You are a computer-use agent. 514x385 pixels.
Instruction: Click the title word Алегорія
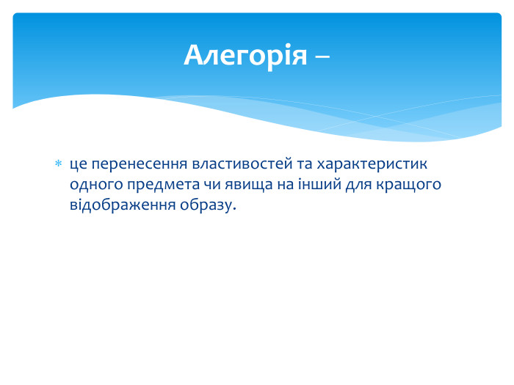(245, 55)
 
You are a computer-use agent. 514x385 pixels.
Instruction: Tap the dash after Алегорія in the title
(322, 56)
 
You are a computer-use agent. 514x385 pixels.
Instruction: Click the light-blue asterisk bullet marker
(58, 164)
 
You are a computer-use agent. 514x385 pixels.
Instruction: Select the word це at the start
(78, 164)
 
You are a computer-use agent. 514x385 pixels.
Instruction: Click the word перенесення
(139, 164)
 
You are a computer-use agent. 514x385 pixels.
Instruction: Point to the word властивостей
(242, 164)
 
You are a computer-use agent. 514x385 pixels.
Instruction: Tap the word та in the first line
(304, 164)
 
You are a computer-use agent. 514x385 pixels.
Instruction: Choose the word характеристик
(372, 164)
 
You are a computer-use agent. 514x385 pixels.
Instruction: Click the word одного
(96, 185)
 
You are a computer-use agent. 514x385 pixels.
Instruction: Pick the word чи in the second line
(211, 185)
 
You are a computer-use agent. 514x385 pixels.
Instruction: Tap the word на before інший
(285, 185)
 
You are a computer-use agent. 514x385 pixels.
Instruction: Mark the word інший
(319, 183)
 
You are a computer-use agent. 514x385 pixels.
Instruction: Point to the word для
(358, 186)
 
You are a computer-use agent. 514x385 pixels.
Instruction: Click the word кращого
(408, 186)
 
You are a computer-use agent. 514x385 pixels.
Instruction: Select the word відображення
(123, 205)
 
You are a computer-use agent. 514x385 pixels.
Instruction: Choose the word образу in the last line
(206, 205)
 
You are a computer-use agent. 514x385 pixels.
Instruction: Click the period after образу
(234, 209)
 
